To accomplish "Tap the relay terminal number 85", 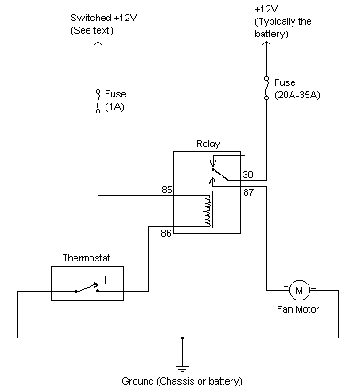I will click(166, 189).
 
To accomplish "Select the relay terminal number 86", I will click(166, 233).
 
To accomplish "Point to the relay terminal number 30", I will click(247, 174).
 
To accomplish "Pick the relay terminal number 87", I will click(247, 192).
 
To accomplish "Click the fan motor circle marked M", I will click(299, 290).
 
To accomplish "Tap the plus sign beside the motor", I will click(286, 287).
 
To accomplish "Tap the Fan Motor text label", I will click(299, 309).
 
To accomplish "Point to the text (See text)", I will click(93, 31).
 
